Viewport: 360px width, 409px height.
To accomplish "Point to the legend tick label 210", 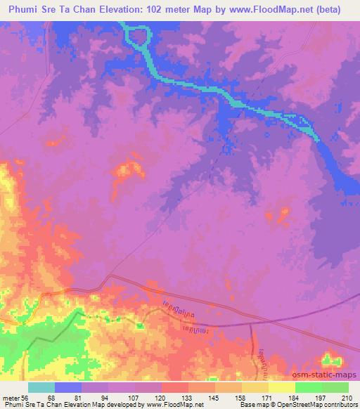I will (345, 397).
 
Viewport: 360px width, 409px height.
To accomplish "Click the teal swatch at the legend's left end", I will (41, 387).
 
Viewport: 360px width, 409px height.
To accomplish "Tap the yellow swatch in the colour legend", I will (281, 387).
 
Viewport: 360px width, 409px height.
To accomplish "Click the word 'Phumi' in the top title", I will (23, 9).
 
